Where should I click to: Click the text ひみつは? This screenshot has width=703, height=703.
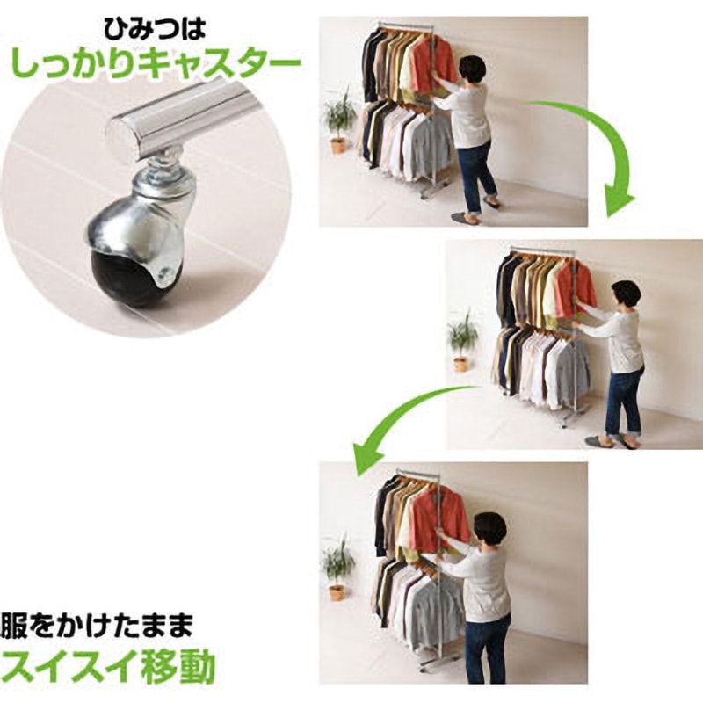[x=155, y=30]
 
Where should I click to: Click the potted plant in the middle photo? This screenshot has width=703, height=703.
[x=462, y=341]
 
